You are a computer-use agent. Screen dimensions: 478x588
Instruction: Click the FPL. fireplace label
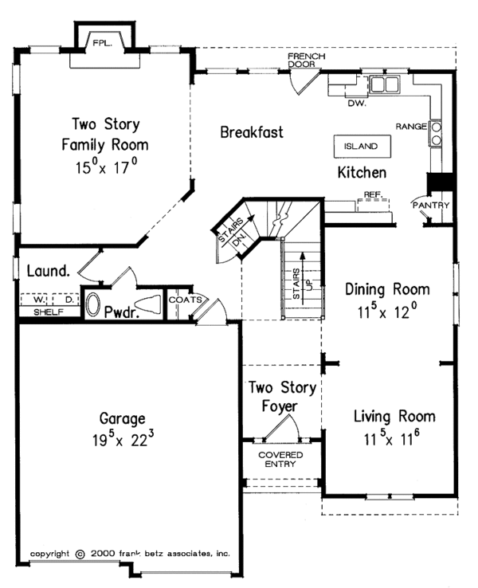pos(102,44)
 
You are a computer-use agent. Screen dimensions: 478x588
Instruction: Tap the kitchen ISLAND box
pos(362,147)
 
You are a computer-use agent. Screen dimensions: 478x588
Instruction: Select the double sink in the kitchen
pos(384,84)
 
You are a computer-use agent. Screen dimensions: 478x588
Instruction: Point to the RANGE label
pos(411,127)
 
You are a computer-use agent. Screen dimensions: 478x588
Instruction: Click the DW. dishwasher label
pos(357,103)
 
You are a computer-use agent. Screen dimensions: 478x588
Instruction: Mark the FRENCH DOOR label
pos(306,60)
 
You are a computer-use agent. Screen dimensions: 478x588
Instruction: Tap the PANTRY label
pos(431,206)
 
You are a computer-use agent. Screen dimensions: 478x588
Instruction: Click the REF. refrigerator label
pos(373,195)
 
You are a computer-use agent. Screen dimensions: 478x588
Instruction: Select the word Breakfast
pos(252,132)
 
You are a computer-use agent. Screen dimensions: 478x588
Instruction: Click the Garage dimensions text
pos(123,439)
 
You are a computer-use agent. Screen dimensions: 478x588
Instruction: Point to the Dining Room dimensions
pos(387,311)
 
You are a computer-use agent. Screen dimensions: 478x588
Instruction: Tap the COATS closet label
pos(185,300)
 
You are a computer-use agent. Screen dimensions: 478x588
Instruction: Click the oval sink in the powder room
pos(92,304)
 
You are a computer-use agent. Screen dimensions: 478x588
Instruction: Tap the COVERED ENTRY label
pos(280,460)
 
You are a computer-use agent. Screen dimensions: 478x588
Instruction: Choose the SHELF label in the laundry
pos(49,312)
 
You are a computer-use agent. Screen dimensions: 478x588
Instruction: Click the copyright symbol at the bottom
pos(80,554)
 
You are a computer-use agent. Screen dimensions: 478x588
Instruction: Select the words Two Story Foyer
pos(282,397)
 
